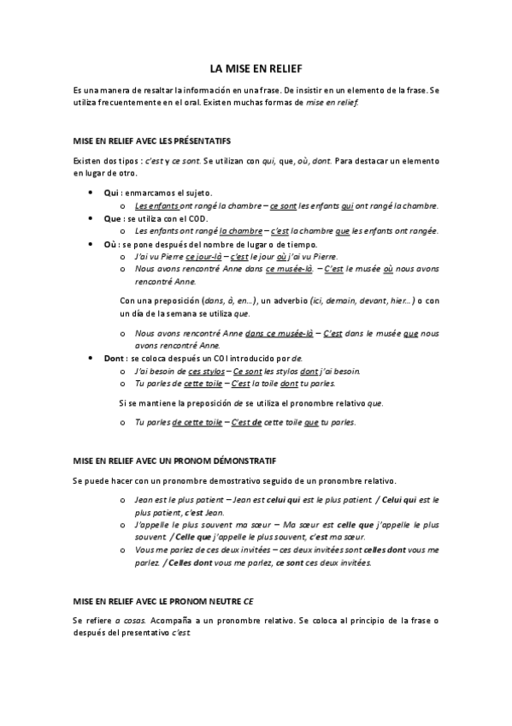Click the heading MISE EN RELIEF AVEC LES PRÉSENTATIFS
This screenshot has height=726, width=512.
(151, 140)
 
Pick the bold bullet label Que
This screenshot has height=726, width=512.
(112, 218)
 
